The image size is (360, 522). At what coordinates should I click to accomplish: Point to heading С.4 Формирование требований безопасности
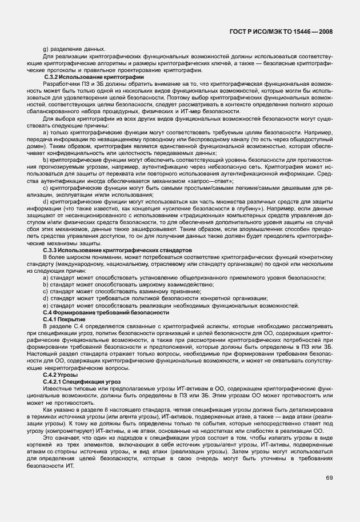pos(106,313)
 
